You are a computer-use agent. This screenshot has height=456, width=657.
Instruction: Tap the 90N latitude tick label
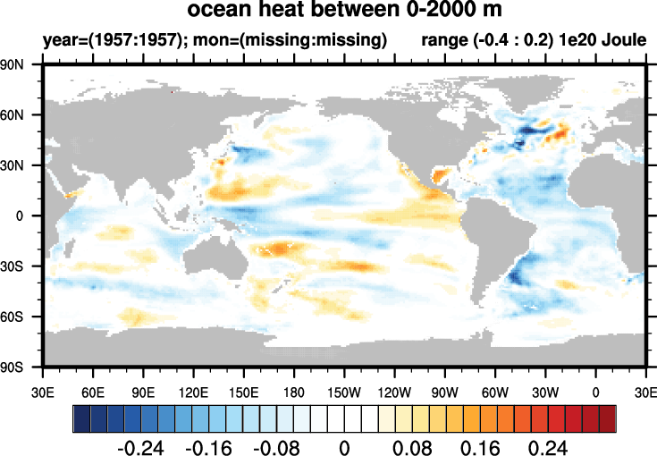tap(18, 65)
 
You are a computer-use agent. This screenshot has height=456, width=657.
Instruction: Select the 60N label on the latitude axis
tap(18, 115)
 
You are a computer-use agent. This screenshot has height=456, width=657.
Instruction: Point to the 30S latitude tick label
tap(18, 266)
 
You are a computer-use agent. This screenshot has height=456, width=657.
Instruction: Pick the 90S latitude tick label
tap(18, 367)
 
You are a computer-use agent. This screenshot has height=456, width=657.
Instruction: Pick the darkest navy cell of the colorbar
tap(80, 418)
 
